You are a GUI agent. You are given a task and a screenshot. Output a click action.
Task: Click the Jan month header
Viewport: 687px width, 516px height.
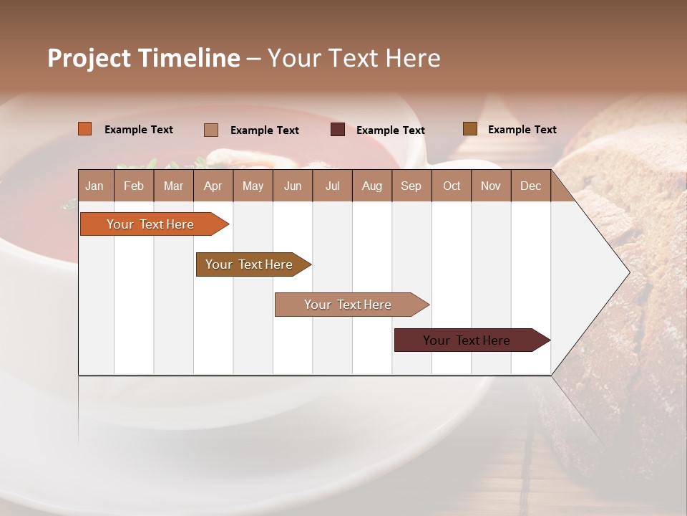pos(94,186)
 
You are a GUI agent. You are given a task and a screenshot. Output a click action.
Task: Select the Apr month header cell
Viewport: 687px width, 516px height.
pos(213,186)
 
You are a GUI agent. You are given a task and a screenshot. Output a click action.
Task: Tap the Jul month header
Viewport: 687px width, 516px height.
pos(332,186)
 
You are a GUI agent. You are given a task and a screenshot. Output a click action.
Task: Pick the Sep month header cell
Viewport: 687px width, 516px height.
pos(411,186)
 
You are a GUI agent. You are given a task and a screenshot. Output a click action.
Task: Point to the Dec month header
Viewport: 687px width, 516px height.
pos(530,186)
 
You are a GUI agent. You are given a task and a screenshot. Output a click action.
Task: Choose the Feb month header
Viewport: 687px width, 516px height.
pos(134,186)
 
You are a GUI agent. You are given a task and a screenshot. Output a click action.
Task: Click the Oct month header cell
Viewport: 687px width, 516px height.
pos(452,186)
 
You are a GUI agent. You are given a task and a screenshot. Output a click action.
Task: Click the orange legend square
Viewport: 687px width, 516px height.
pos(85,129)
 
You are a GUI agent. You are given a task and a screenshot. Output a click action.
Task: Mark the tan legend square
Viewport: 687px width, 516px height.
pos(211,130)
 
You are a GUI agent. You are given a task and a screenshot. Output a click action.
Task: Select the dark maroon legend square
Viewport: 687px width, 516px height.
pos(338,130)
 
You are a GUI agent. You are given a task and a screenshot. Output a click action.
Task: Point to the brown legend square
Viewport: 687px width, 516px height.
pos(470,129)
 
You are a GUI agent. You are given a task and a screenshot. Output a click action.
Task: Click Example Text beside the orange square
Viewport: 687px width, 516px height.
pos(139,130)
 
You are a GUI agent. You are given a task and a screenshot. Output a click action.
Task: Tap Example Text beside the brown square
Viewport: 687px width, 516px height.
pos(522,130)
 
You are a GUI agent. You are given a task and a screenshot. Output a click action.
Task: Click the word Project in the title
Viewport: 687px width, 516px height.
pos(89,58)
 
